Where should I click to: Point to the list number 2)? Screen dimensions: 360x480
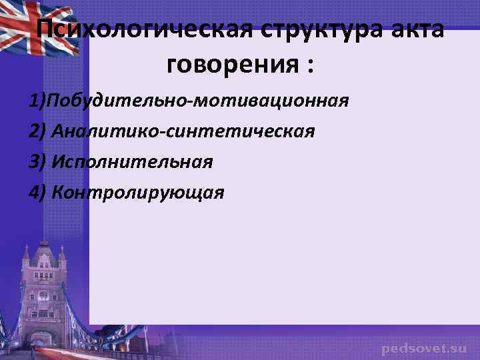pyautogui.click(x=37, y=131)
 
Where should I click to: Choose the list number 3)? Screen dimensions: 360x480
pyautogui.click(x=37, y=162)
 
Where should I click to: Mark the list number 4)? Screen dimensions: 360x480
pyautogui.click(x=37, y=193)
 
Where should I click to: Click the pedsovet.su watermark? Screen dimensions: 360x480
pyautogui.click(x=424, y=349)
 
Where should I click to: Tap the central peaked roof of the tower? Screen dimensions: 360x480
pyautogui.click(x=44, y=250)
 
